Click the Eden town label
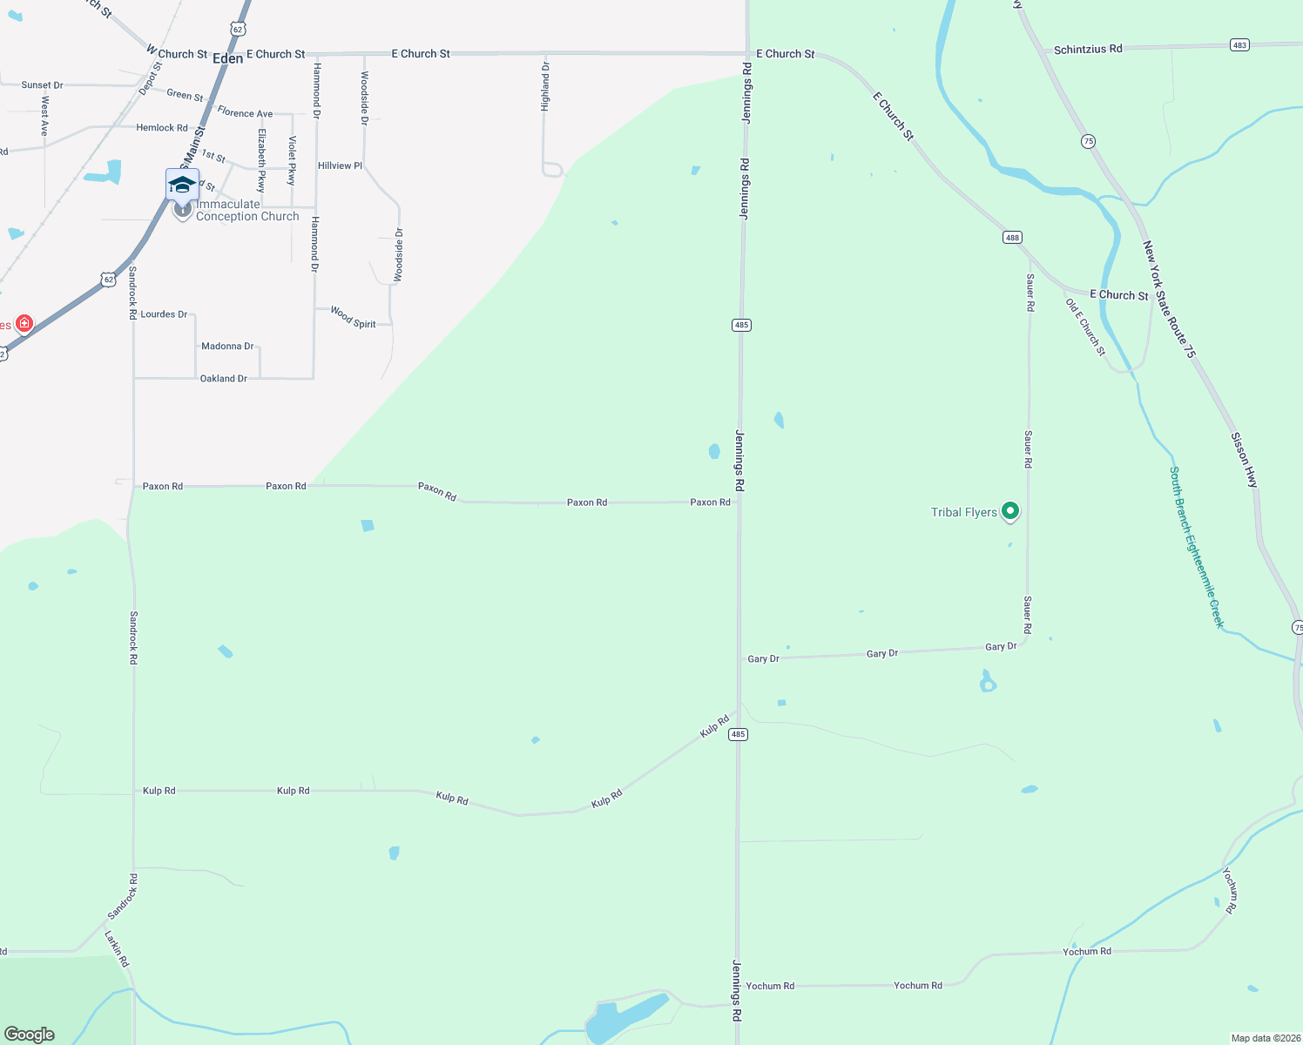[x=228, y=58]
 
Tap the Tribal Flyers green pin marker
[x=1010, y=511]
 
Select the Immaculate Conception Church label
[x=247, y=211]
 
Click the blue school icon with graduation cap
[x=182, y=185]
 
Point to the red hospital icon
[x=24, y=324]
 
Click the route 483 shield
[x=1239, y=44]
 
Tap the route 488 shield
[x=1011, y=237]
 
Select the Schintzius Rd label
[x=1088, y=50]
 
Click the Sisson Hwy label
[x=1245, y=459]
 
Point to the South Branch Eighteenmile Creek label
[x=1197, y=547]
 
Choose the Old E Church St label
[x=1085, y=327]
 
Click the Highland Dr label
[x=545, y=86]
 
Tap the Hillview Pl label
[x=340, y=165]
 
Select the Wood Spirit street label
[x=353, y=318]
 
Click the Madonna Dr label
[x=227, y=347]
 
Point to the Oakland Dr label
[x=224, y=379]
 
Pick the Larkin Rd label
[x=117, y=949]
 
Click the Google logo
[x=30, y=1035]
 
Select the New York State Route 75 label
[x=1169, y=300]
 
